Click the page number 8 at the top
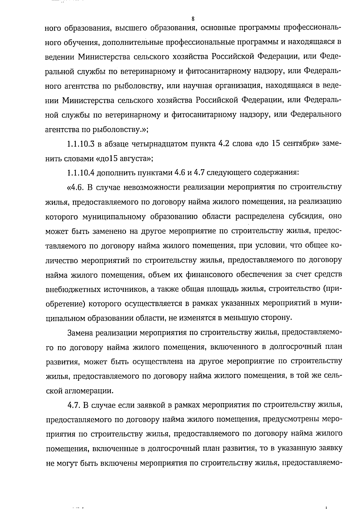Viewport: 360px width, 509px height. click(x=193, y=19)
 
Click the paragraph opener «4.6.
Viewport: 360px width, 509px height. click(x=75, y=187)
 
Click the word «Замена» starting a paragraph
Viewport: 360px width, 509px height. click(x=80, y=333)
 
